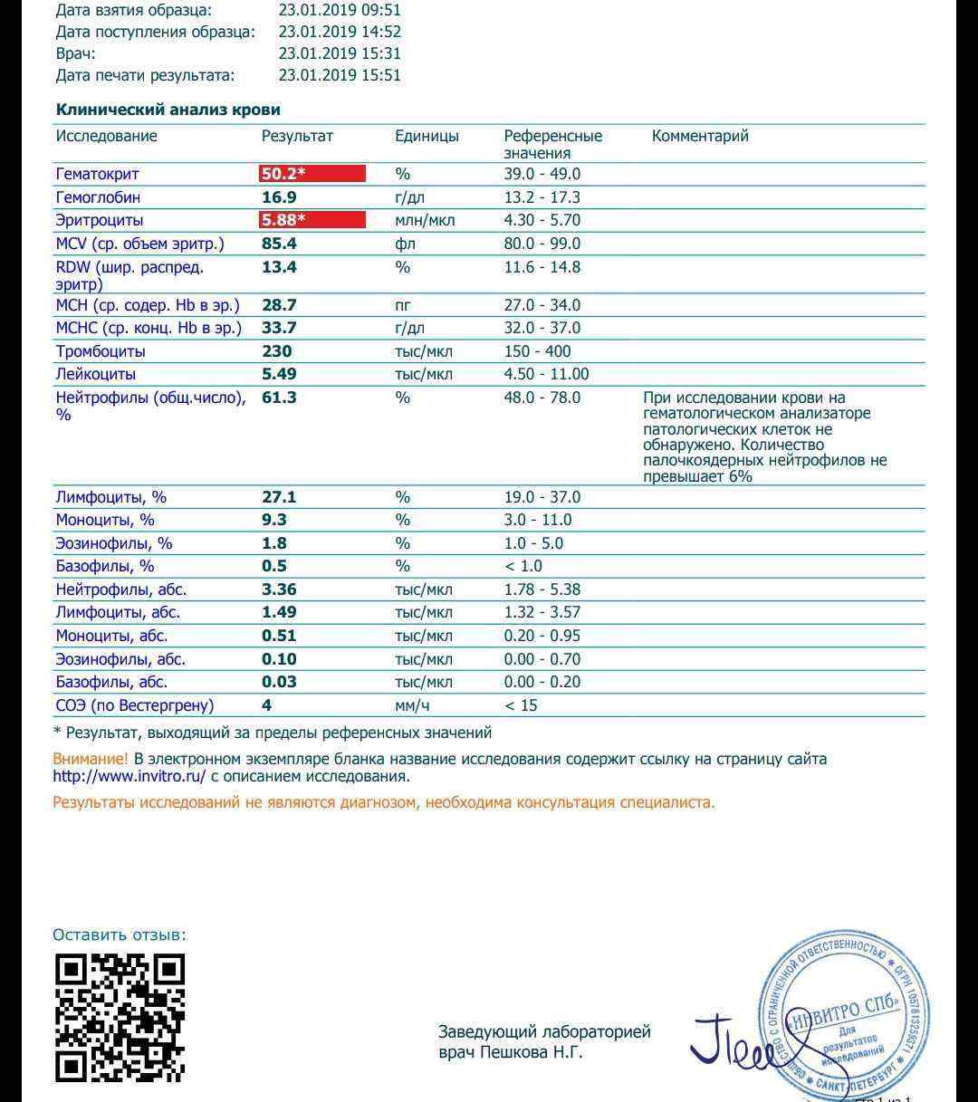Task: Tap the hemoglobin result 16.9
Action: [279, 197]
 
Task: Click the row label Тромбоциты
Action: [101, 351]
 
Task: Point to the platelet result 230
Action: [277, 351]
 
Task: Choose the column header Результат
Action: [297, 136]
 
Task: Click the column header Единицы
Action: [427, 136]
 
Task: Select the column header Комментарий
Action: [700, 136]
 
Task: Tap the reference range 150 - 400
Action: [538, 351]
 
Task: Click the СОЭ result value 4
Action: [267, 705]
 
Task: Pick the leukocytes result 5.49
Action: [279, 374]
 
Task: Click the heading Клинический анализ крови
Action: [168, 110]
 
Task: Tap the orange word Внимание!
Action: [91, 759]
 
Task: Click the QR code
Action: [120, 1018]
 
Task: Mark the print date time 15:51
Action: [380, 75]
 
